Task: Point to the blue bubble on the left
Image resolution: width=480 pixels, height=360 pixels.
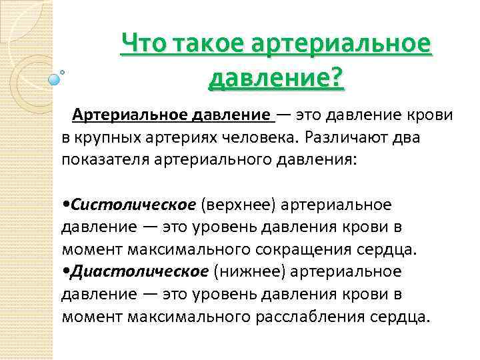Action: [x=54, y=79]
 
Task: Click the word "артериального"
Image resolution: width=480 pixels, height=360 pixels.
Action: [x=210, y=160]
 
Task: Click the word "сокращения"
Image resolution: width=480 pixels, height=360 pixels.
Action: [x=301, y=249]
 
